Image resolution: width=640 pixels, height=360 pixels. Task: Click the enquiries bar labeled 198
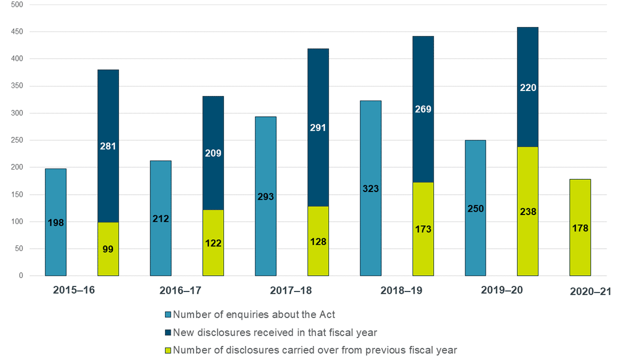click(x=56, y=222)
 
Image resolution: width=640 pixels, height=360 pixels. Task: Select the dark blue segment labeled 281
click(x=108, y=146)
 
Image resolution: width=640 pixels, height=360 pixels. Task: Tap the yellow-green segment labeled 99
click(x=108, y=249)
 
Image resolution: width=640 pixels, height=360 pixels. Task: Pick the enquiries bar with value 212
click(x=161, y=218)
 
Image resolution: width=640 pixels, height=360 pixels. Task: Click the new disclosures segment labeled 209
click(x=213, y=153)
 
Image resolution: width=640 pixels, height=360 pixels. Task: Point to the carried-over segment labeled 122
click(x=213, y=243)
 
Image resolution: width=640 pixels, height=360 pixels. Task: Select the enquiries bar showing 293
click(x=266, y=196)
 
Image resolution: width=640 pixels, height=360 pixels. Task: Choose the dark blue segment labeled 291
click(x=318, y=127)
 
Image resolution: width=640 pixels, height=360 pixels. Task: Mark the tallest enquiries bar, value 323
click(x=371, y=188)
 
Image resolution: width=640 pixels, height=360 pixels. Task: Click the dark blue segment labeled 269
click(x=423, y=109)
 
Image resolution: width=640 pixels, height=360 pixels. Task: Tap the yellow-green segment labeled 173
click(x=423, y=229)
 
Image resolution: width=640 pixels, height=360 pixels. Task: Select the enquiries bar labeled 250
click(x=476, y=208)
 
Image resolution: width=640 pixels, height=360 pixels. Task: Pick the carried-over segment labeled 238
click(x=528, y=211)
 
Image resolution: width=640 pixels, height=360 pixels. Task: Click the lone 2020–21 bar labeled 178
click(x=580, y=227)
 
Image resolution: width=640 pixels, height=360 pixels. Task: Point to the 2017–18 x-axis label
click(x=291, y=291)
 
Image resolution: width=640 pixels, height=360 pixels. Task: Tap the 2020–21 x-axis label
click(x=590, y=291)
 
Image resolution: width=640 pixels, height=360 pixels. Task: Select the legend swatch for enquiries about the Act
click(x=168, y=315)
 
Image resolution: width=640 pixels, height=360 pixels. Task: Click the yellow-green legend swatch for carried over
click(x=168, y=350)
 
